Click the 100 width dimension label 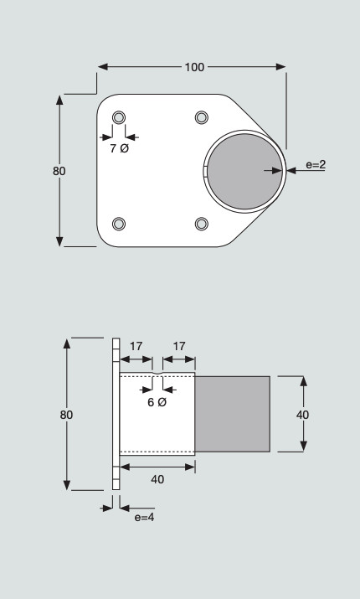(x=194, y=67)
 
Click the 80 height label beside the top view (x=59, y=171)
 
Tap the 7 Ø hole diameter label (x=120, y=148)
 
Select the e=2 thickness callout (x=316, y=165)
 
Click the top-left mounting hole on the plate (x=119, y=117)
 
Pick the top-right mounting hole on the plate (x=202, y=117)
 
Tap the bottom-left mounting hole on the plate (x=119, y=224)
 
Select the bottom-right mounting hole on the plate (x=202, y=224)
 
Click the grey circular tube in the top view (x=244, y=171)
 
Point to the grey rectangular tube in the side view (x=233, y=414)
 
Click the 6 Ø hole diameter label (x=157, y=402)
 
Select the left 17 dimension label (x=136, y=347)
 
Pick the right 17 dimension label (x=179, y=347)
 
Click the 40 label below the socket (x=157, y=479)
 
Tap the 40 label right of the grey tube (x=303, y=415)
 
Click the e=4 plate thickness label (x=144, y=517)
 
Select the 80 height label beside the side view (x=66, y=415)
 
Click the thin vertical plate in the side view (x=116, y=414)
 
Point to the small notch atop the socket (x=157, y=374)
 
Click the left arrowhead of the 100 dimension (x=103, y=67)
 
